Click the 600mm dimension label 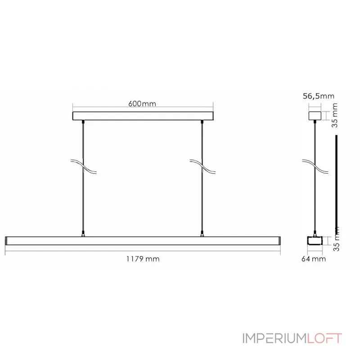(142, 104)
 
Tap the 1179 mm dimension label (143, 259)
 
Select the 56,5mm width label (318, 96)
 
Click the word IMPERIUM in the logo (274, 338)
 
